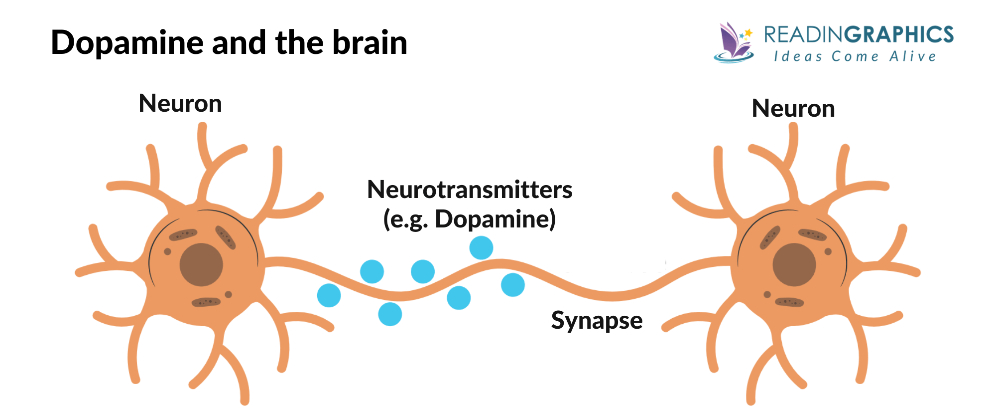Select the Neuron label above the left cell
[x=180, y=104]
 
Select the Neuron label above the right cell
[x=793, y=108]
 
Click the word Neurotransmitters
[x=470, y=190]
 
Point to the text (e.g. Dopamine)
[x=469, y=219]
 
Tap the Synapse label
[x=597, y=320]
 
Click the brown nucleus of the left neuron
[x=201, y=265]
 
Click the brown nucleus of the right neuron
[x=794, y=265]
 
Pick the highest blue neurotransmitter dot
[x=481, y=247]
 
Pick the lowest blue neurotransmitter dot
[x=390, y=314]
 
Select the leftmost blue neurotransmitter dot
[x=329, y=295]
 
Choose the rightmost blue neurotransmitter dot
[x=512, y=285]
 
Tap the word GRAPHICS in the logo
[x=899, y=34]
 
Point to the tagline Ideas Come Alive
[x=855, y=56]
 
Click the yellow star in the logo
[x=748, y=33]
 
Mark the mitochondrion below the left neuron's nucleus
[x=206, y=302]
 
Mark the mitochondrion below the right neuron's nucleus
[x=789, y=302]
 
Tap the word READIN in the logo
[x=804, y=34]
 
